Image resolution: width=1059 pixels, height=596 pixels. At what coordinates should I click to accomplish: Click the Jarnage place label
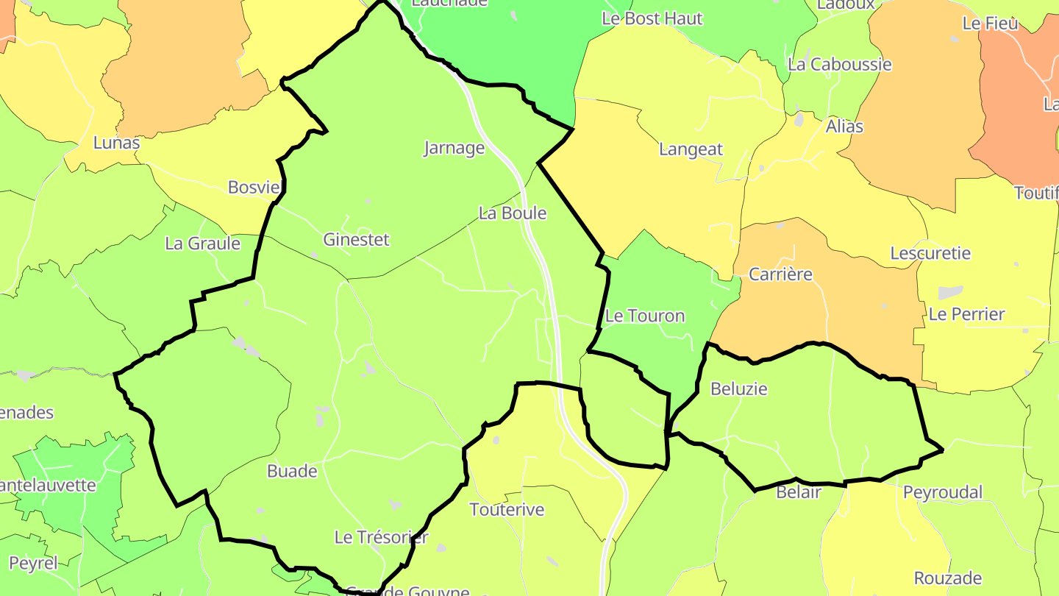[454, 148]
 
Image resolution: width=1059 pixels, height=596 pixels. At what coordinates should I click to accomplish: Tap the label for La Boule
[513, 213]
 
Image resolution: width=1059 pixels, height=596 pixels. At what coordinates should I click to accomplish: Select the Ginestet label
[356, 240]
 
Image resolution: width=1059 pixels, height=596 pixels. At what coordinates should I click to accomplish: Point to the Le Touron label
[644, 316]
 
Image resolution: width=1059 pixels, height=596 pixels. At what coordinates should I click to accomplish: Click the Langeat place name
[691, 149]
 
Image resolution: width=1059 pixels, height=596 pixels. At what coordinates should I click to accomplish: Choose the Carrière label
[780, 274]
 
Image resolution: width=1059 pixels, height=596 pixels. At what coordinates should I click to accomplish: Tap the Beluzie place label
[739, 389]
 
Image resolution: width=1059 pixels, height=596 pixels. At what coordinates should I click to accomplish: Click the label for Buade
[292, 471]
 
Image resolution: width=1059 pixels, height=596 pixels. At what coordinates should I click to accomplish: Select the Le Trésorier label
[381, 537]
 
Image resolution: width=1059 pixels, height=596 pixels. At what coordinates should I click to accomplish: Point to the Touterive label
[507, 509]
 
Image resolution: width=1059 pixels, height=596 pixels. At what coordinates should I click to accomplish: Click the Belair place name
[798, 492]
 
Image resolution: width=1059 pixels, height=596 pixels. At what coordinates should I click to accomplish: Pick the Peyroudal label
[943, 492]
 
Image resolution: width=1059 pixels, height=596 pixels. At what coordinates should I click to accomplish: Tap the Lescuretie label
[930, 253]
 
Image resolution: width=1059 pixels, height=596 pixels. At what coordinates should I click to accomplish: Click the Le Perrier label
[966, 314]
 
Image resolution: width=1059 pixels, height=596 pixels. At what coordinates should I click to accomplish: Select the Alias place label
[844, 126]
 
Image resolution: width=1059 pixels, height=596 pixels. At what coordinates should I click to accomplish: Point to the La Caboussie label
[839, 64]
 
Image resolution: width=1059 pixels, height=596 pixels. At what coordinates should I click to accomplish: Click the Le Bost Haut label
[652, 18]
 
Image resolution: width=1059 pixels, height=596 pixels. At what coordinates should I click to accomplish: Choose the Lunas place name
[116, 143]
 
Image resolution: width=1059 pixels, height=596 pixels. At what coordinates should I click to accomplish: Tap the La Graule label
[202, 244]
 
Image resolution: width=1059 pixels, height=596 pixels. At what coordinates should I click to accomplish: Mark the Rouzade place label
[948, 578]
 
